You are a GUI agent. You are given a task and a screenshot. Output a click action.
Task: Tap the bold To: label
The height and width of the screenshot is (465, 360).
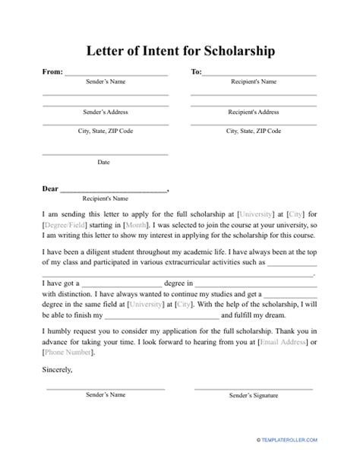point(195,74)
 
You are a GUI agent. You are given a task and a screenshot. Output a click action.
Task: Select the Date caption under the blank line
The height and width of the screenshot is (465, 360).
point(104,162)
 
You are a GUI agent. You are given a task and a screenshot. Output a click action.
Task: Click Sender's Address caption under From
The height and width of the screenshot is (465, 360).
point(104,112)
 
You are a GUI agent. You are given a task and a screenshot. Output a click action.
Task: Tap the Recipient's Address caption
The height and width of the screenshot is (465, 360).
point(253,112)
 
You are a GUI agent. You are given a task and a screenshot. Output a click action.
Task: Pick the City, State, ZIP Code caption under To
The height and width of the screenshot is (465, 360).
point(253,131)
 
